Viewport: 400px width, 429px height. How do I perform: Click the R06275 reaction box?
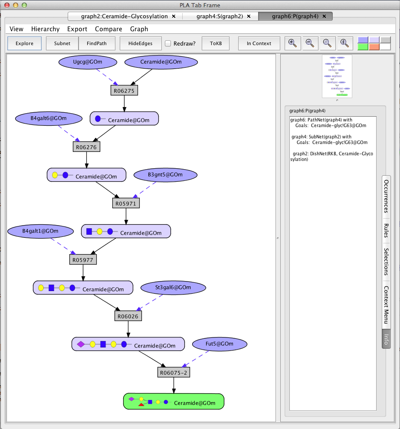[124, 91]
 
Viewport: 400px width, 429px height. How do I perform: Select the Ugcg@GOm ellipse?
[88, 62]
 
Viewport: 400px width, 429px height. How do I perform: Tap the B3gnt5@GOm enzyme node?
[165, 175]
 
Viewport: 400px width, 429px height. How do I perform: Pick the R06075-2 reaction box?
[174, 372]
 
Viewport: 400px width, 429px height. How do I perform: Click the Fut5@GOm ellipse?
[220, 344]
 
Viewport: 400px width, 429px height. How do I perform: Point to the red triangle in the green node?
[141, 404]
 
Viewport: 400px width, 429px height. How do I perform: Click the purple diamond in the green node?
[131, 399]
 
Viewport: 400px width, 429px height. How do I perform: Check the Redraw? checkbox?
[168, 43]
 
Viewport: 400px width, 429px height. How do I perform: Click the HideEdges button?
[141, 43]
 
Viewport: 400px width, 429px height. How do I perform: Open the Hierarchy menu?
[46, 29]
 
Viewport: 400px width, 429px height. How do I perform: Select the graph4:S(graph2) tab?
[220, 16]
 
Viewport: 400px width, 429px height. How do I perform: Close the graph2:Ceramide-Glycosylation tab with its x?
[174, 16]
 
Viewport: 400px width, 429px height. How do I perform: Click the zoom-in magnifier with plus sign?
[292, 43]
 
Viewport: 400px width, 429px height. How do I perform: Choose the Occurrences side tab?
[386, 196]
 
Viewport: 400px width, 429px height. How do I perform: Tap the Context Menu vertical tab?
[386, 305]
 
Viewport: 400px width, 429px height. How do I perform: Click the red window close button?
[7, 5]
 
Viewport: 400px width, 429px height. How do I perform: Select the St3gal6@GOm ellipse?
[173, 288]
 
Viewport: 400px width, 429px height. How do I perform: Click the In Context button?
[259, 43]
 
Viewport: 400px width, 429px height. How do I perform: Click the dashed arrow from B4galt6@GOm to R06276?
[69, 134]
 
